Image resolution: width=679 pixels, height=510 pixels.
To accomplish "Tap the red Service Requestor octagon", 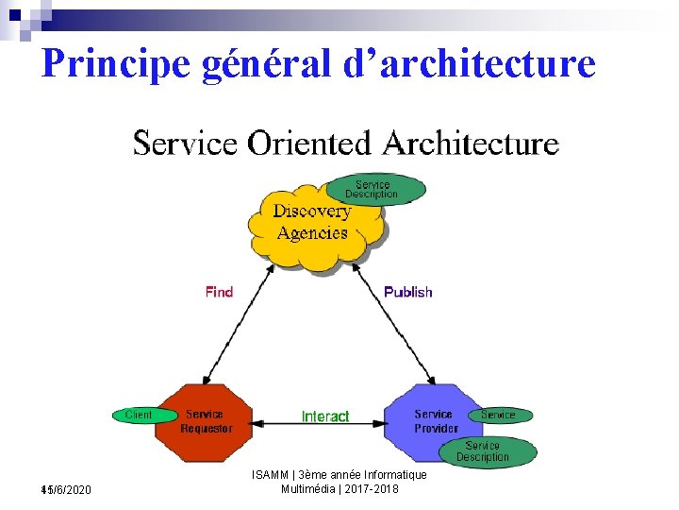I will coord(205,422).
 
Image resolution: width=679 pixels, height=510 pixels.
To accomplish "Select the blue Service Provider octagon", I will coord(434,422).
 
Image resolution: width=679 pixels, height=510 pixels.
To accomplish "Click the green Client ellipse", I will coord(141,415).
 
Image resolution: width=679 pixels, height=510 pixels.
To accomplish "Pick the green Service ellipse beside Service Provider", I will coord(499,415).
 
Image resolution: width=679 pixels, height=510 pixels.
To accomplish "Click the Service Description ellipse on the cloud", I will coord(374,189).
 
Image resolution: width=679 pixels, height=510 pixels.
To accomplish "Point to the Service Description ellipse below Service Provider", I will coord(485,451).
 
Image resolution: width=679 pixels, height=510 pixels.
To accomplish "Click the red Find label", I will coord(219,292).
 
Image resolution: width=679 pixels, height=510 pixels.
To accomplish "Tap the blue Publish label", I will coord(408,292).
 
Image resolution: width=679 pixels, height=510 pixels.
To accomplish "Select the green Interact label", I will coord(325,416).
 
